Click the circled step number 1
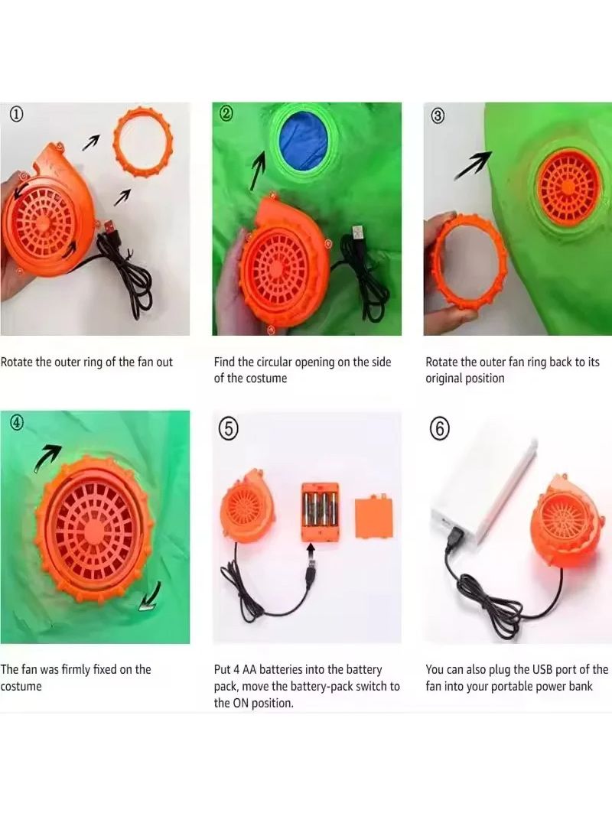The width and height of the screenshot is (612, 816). tap(17, 113)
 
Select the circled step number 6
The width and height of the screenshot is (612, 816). tap(440, 428)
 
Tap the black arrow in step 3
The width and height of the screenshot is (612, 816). tap(473, 165)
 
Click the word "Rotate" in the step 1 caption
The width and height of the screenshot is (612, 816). tap(17, 362)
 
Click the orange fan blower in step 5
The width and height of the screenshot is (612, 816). tap(248, 506)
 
